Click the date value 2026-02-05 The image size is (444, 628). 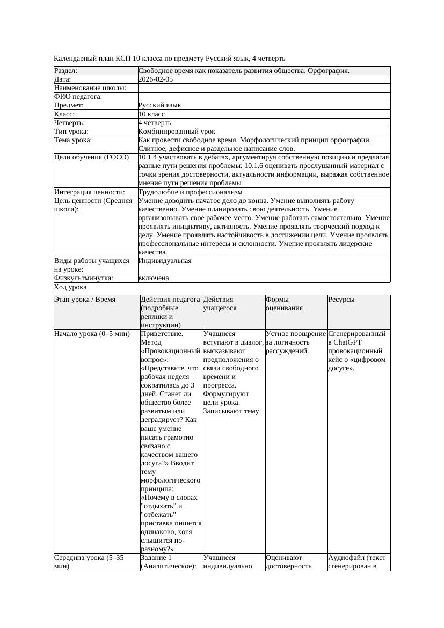(156, 79)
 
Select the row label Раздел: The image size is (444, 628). (66, 71)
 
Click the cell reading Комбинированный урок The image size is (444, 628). (177, 132)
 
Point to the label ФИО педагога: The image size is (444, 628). (78, 97)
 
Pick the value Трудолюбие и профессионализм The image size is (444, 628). (190, 192)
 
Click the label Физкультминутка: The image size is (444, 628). (84, 278)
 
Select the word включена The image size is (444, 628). (154, 278)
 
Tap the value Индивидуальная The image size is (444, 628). (165, 261)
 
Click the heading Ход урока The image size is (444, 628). (70, 287)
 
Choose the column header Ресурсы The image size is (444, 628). (341, 300)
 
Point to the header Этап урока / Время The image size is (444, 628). (85, 300)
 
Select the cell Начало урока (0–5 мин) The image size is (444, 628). (92, 334)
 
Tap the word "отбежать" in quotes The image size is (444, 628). (158, 515)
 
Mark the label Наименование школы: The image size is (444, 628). (90, 88)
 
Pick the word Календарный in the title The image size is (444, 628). (75, 58)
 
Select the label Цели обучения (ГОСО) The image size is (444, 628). (91, 157)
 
